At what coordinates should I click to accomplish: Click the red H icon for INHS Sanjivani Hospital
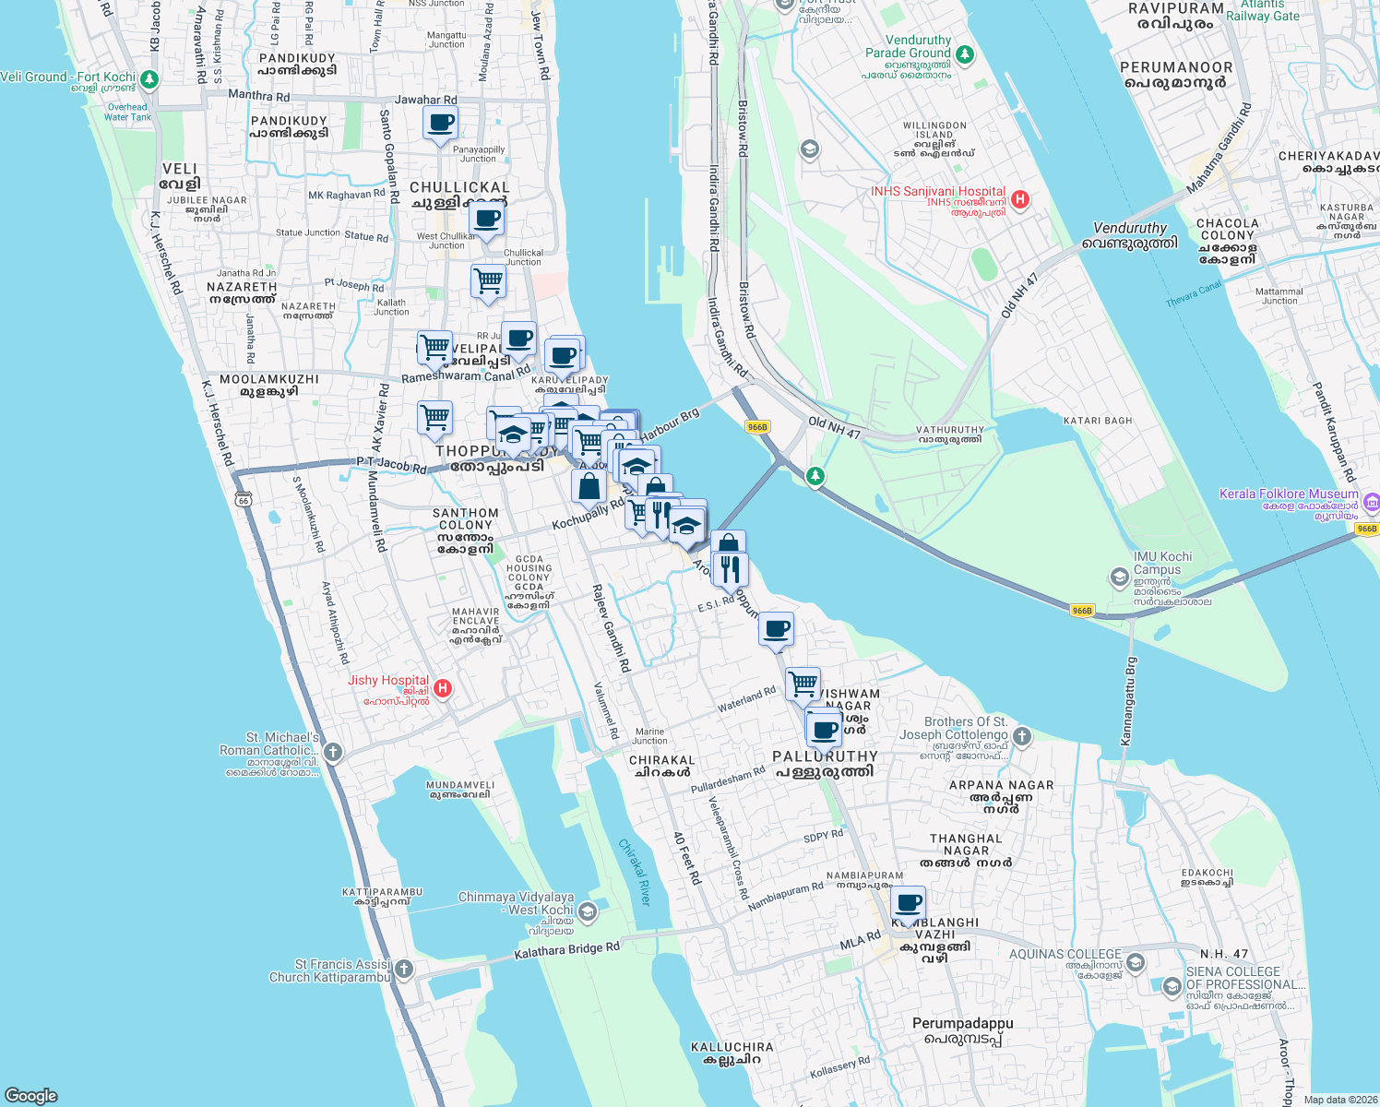(x=1020, y=199)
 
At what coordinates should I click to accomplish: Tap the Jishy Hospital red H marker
(x=443, y=688)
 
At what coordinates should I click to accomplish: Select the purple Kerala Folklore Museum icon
(x=1371, y=503)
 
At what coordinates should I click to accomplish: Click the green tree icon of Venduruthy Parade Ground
(x=965, y=55)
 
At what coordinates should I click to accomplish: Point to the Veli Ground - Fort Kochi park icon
(x=149, y=79)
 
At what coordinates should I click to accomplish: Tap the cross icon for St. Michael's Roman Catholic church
(x=333, y=753)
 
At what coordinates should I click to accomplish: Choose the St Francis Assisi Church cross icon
(x=403, y=970)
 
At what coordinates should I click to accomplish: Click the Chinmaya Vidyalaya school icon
(x=588, y=912)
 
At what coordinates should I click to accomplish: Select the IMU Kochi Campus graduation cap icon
(x=1119, y=577)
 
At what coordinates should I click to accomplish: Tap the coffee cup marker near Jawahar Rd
(x=441, y=123)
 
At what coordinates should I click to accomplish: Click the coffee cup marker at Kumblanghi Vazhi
(x=909, y=902)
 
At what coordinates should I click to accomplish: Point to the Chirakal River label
(x=635, y=872)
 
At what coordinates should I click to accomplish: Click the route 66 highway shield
(x=243, y=499)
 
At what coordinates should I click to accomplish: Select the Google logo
(x=31, y=1095)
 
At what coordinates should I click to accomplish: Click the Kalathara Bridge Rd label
(x=566, y=951)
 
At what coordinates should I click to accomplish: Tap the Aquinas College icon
(x=1136, y=963)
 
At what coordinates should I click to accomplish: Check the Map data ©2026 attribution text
(x=1340, y=1100)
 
